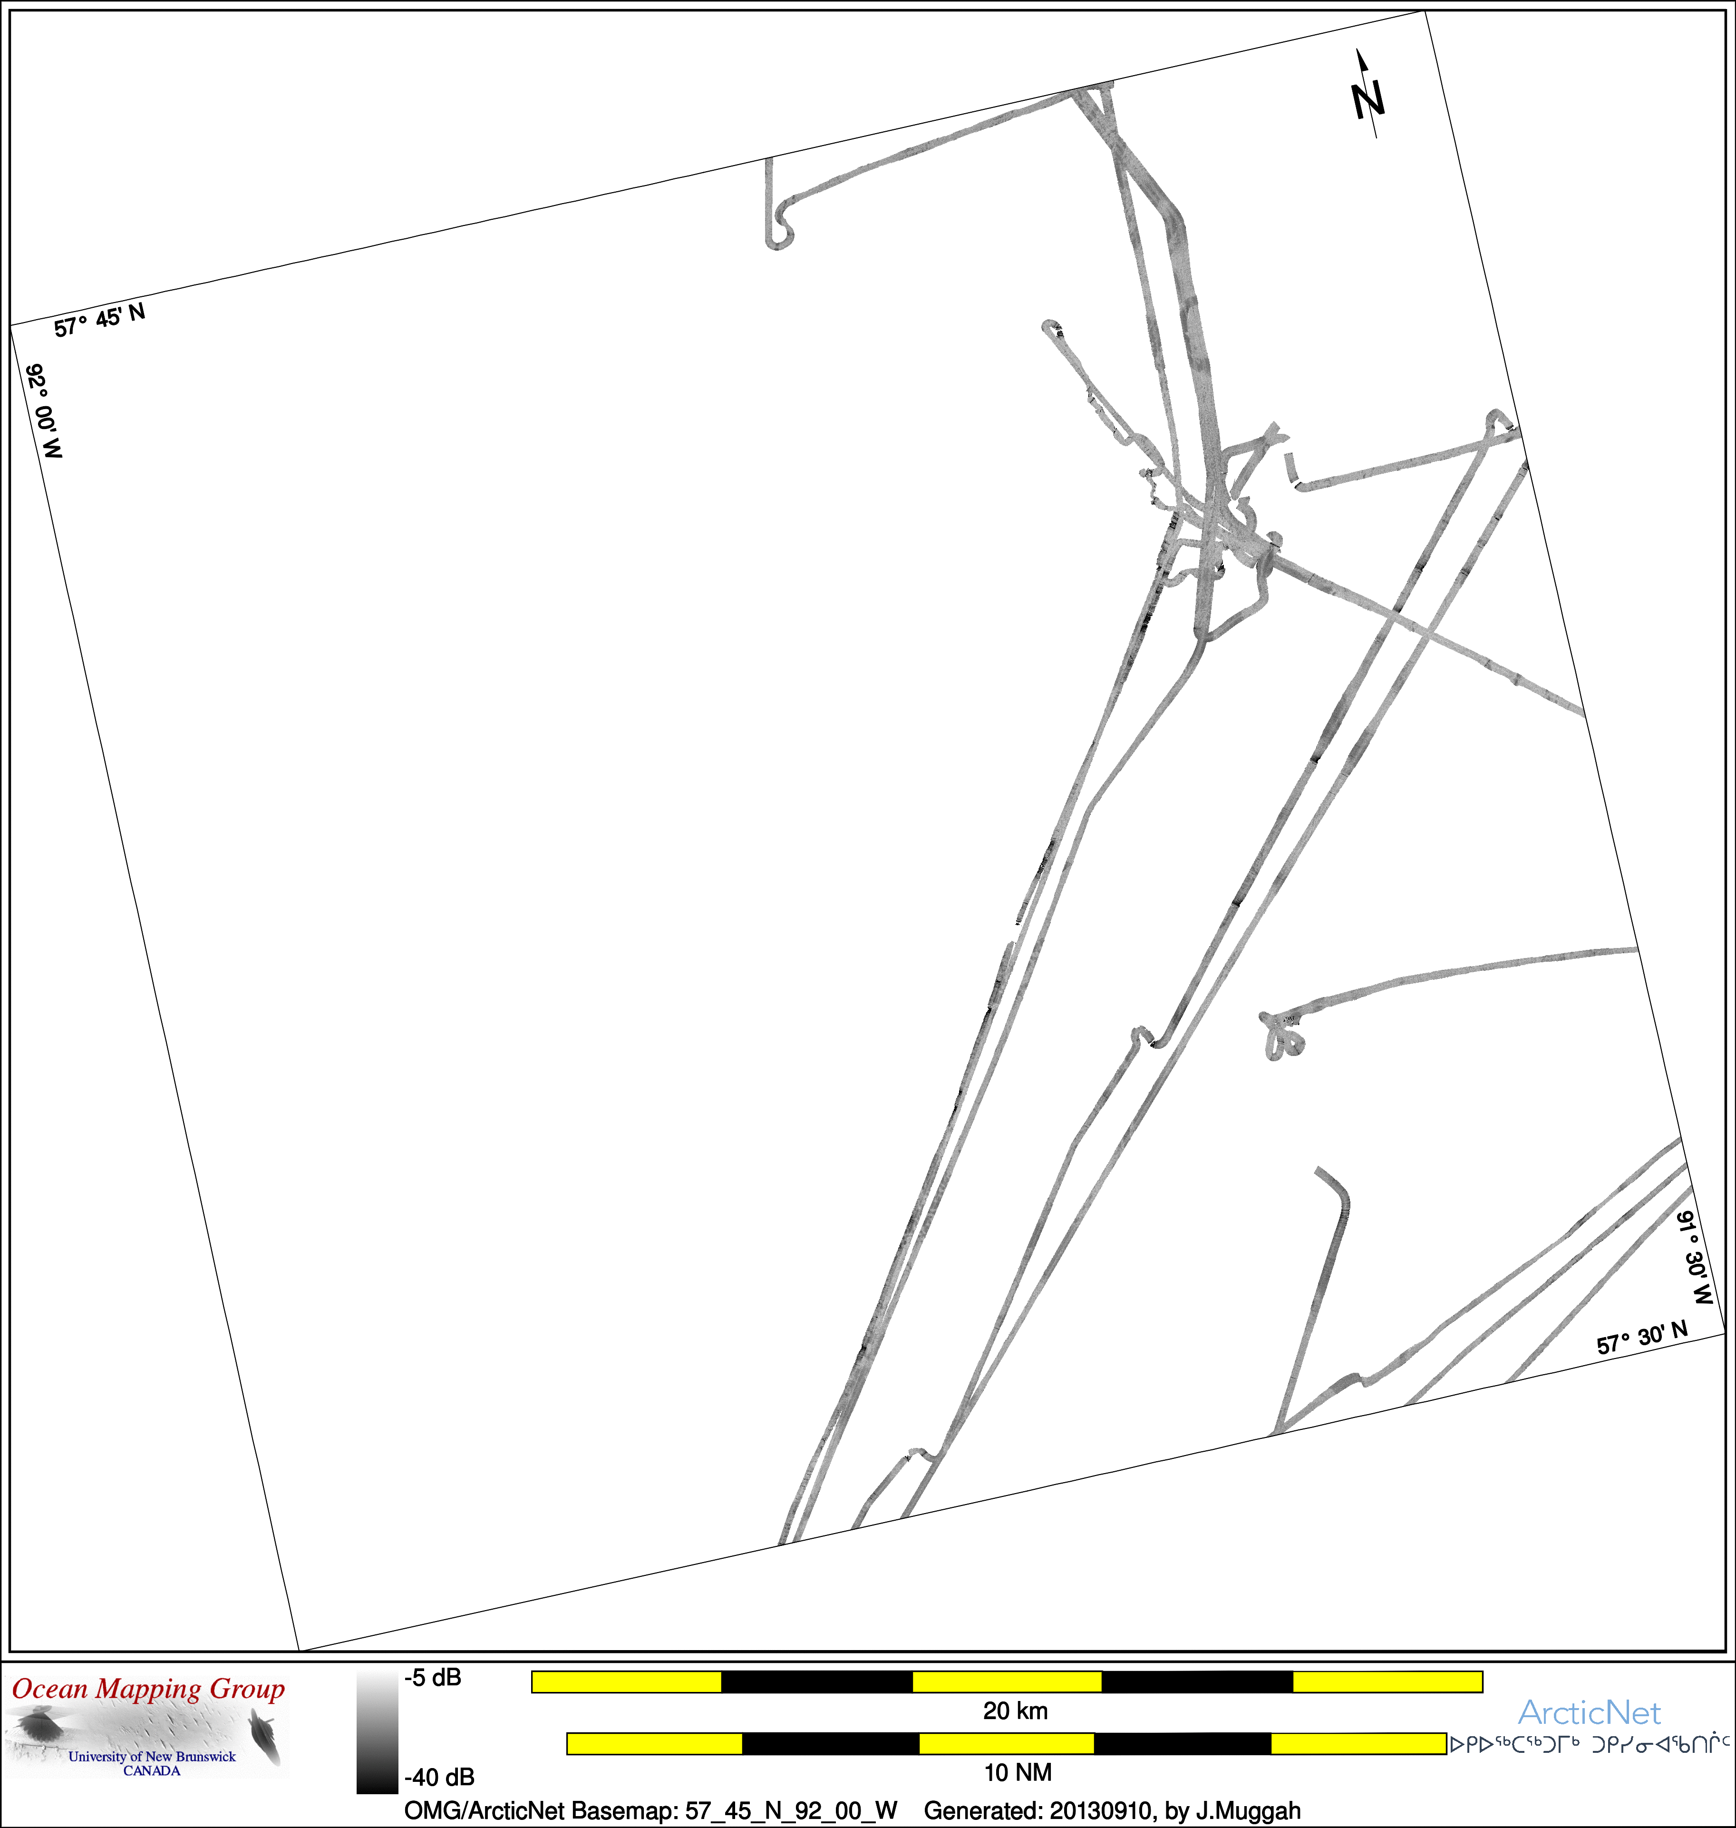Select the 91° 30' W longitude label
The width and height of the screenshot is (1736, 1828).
point(1695,1257)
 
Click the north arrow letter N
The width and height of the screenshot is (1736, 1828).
point(1367,100)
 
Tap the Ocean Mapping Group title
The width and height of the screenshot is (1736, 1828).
point(148,1689)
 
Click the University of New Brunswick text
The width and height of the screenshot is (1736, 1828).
point(152,1756)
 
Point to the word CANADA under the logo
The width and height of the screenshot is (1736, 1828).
point(152,1770)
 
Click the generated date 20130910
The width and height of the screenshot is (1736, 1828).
point(1100,1810)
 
